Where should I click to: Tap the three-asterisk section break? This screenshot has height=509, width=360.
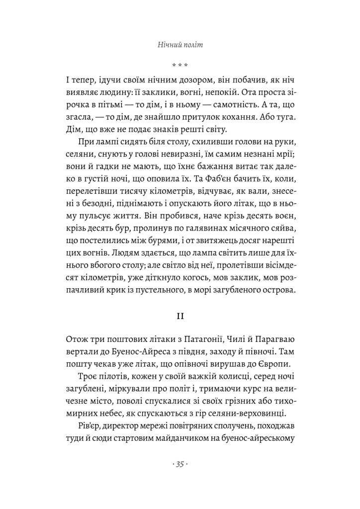click(180, 65)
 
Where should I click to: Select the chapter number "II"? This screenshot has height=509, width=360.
click(180, 316)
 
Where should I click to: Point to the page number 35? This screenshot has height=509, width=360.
click(180, 464)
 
